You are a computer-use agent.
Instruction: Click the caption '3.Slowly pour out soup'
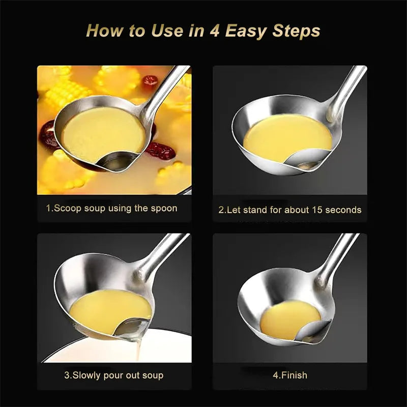click(114, 375)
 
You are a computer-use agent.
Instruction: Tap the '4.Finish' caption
click(290, 375)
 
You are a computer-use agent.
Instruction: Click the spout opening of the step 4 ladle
click(310, 333)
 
